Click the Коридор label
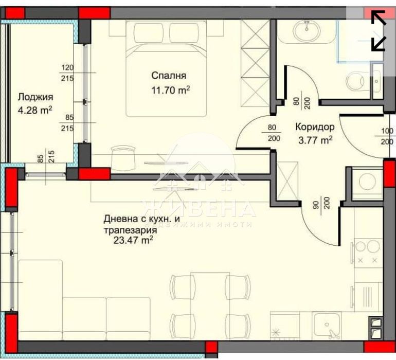click(315, 127)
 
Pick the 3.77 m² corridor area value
click(314, 139)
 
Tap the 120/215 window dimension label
click(67, 73)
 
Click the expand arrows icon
click(379, 31)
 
